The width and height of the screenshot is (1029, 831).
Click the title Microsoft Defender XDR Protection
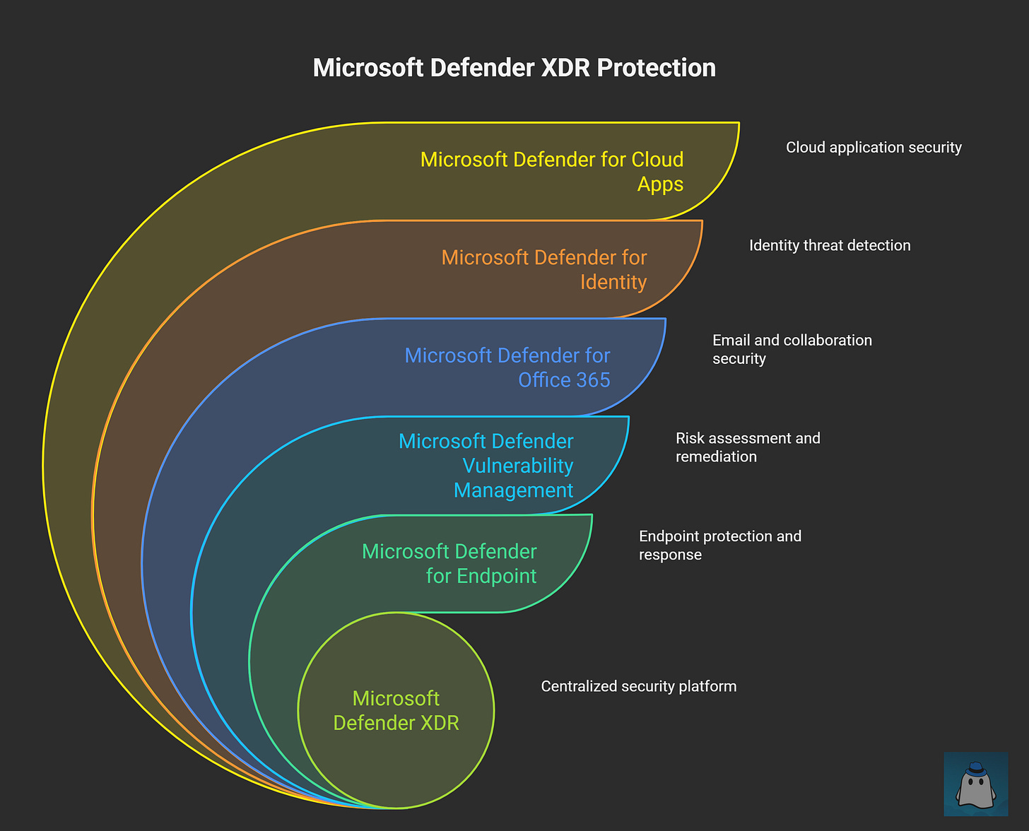(x=514, y=68)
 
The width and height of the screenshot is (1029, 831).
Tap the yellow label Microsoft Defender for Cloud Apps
(x=551, y=171)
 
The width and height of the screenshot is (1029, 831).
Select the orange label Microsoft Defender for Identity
(x=544, y=269)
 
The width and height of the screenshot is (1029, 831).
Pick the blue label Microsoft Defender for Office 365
(x=507, y=367)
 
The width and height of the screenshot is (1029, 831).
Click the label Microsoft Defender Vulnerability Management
(x=486, y=465)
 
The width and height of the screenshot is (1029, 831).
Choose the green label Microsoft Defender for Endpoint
(x=449, y=563)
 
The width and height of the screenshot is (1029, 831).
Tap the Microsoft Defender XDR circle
(x=396, y=710)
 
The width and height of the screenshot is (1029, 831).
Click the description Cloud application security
(x=874, y=148)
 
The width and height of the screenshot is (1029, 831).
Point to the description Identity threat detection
(x=830, y=246)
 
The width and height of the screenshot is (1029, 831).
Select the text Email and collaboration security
(x=792, y=349)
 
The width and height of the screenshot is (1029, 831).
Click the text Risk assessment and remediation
(x=748, y=447)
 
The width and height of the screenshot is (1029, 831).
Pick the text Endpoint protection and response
(x=719, y=545)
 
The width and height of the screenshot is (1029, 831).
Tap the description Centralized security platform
(x=638, y=687)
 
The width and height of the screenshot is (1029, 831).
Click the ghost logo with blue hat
(x=976, y=785)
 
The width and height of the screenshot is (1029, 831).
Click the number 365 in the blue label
(x=592, y=380)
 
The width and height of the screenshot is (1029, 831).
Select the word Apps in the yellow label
(x=660, y=184)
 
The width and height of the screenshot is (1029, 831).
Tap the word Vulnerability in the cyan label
(x=517, y=466)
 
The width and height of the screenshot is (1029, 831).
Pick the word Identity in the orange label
(x=613, y=282)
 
